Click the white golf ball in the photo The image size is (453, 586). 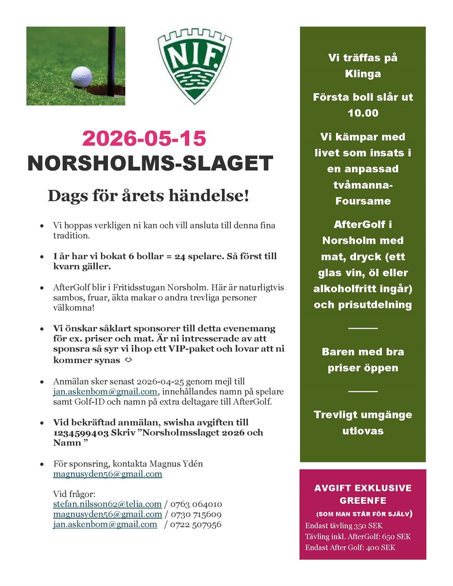tap(82, 77)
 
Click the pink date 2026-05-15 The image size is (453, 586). tap(144, 139)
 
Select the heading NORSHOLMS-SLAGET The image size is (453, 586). tap(150, 163)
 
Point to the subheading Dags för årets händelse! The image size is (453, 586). tap(148, 196)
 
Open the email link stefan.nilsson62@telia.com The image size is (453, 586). tap(107, 504)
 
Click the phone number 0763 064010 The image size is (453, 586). tap(196, 504)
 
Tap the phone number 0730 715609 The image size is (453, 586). tap(196, 514)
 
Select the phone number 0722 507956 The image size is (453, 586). tap(196, 524)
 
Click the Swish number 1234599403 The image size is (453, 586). tap(81, 432)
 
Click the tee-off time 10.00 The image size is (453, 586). tap(363, 113)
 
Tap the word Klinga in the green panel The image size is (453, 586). tap(363, 74)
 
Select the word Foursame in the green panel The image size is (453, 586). tap(363, 201)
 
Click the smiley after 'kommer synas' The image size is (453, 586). tap(128, 360)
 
